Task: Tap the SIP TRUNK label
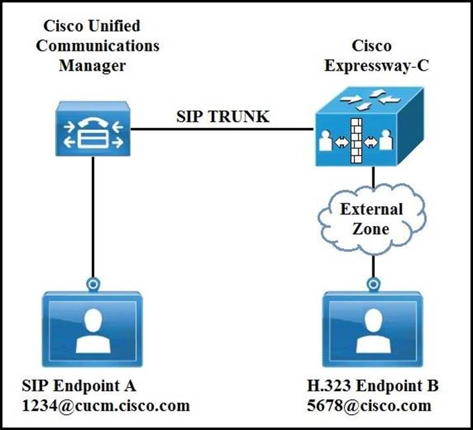click(222, 117)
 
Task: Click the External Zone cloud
click(372, 219)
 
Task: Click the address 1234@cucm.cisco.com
click(106, 404)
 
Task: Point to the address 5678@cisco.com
click(378, 404)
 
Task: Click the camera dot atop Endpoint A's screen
click(93, 284)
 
